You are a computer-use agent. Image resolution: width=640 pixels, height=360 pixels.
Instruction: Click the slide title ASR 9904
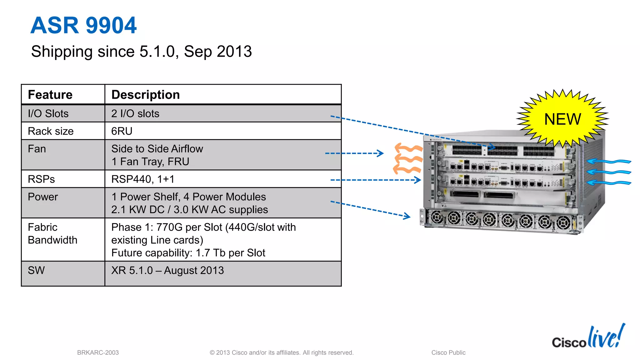[83, 25]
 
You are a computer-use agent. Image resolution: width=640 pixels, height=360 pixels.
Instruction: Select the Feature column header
[50, 95]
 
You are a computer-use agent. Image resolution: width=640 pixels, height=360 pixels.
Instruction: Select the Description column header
[145, 95]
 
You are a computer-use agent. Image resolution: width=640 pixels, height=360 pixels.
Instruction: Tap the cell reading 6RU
[122, 131]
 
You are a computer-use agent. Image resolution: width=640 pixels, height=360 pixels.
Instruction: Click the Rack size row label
[51, 131]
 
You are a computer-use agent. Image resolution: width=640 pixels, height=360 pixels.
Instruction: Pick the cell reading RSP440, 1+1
[143, 179]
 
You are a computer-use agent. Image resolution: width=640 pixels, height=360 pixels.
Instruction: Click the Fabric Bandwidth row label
[52, 233]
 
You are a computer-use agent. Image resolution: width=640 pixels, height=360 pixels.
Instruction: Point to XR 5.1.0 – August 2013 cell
[167, 270]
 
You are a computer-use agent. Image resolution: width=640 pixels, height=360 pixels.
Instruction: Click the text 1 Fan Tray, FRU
[150, 162]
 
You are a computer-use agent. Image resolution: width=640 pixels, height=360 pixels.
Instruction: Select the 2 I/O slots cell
[135, 113]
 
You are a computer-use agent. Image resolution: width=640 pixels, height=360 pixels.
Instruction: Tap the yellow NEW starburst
[562, 119]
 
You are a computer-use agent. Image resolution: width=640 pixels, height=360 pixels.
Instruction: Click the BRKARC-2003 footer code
[98, 352]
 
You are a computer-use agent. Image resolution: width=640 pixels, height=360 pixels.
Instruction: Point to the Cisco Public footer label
[448, 352]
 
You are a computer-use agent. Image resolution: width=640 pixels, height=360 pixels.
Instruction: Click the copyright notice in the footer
[282, 352]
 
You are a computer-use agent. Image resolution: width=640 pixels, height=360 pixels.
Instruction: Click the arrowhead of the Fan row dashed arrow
[381, 153]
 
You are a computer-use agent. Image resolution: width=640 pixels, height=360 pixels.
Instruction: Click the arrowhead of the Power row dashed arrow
[408, 216]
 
